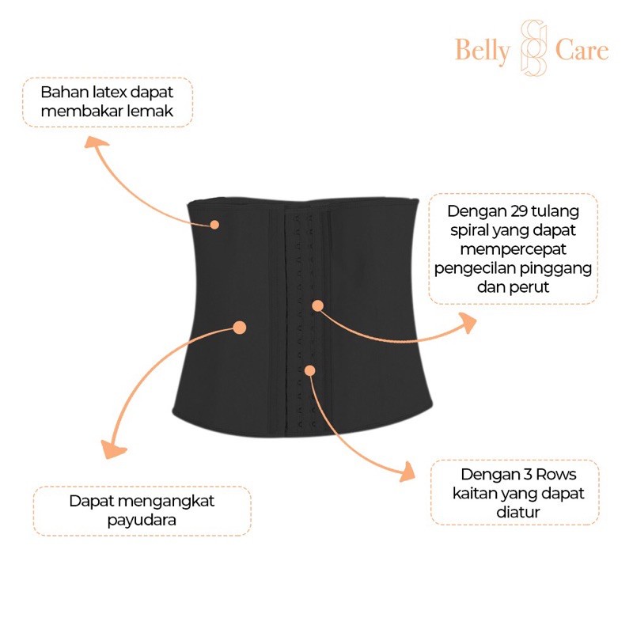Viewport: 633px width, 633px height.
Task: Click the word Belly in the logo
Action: pos(483,51)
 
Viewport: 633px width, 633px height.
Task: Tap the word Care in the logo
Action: pos(582,51)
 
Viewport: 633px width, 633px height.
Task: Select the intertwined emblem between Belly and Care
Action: pos(531,49)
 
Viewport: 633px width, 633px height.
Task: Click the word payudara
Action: pos(142,521)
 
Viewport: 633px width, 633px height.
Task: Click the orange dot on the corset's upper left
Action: pos(214,225)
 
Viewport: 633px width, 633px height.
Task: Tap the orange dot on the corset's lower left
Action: pos(240,326)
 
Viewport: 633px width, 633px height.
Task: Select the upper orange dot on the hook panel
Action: pos(316,305)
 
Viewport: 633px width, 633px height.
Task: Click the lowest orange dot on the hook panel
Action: pos(309,370)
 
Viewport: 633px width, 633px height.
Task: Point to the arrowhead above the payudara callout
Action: pos(116,450)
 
